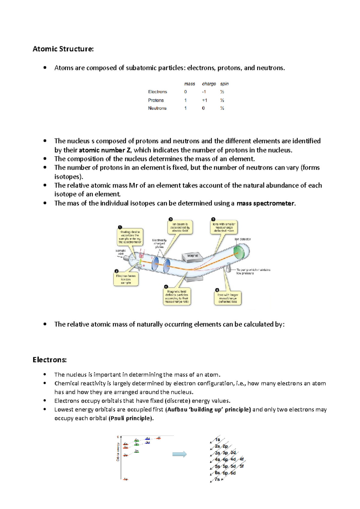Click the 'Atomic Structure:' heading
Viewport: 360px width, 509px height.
click(x=63, y=49)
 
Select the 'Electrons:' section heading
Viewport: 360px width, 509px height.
click(x=49, y=360)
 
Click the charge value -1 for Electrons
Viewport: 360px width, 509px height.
click(x=204, y=92)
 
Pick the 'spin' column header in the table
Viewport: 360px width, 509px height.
click(x=224, y=84)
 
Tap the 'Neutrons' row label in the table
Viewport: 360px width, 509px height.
click(x=157, y=108)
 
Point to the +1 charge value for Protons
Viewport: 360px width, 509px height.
click(x=204, y=100)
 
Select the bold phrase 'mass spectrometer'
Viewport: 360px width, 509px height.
click(x=265, y=204)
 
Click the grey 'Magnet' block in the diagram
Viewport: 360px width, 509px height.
click(x=193, y=256)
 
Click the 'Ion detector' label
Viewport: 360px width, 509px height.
click(x=242, y=239)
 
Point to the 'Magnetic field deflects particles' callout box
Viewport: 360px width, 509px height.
click(x=177, y=297)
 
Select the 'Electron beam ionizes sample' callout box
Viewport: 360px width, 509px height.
click(x=126, y=279)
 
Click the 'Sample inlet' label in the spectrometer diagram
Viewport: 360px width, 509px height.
click(x=121, y=252)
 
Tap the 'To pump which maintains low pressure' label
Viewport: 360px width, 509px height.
click(x=253, y=272)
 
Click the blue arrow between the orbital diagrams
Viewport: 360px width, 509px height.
click(x=179, y=454)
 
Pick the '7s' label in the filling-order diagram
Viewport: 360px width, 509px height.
click(x=217, y=479)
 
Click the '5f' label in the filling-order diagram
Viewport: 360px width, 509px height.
click(x=241, y=466)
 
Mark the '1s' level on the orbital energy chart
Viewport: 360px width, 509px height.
click(x=125, y=479)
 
